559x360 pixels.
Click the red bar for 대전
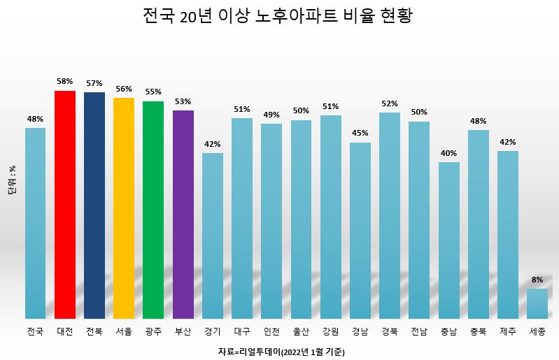click(65, 204)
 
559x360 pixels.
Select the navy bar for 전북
click(94, 205)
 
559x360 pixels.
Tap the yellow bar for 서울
click(124, 208)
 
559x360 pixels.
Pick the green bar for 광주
click(153, 210)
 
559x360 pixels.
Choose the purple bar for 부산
click(183, 214)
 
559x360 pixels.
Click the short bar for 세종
click(537, 303)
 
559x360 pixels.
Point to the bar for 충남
click(448, 240)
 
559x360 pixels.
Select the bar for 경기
click(213, 236)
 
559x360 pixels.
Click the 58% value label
click(65, 81)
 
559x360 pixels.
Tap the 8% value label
click(537, 280)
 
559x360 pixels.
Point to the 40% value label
click(448, 153)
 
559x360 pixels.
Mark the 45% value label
click(360, 134)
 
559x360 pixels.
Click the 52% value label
click(390, 103)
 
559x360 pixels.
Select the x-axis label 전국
click(35, 331)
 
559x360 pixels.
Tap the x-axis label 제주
click(508, 331)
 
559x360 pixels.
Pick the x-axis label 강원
click(330, 331)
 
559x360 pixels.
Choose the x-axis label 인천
click(271, 331)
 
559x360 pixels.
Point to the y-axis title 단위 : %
click(12, 180)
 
